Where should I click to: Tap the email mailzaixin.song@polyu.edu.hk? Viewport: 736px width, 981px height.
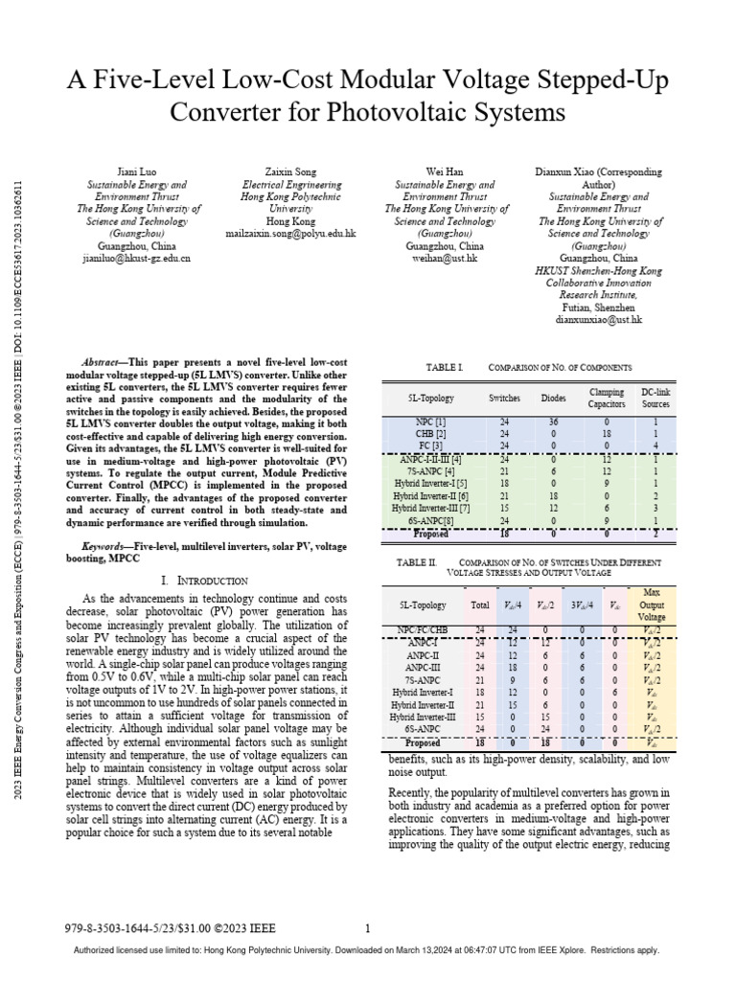pos(290,233)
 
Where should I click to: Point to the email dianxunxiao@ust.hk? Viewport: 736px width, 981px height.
pos(597,320)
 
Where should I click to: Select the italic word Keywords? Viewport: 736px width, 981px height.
pos(106,545)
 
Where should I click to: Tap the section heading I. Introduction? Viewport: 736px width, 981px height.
pos(205,581)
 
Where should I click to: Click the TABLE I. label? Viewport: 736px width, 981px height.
pos(443,367)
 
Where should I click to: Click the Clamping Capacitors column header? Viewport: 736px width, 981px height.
pos(605,398)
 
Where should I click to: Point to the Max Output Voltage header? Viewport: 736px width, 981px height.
pos(652,605)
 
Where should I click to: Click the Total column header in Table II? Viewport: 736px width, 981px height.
pos(479,605)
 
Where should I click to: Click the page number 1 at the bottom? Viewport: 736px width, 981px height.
pos(368,927)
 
